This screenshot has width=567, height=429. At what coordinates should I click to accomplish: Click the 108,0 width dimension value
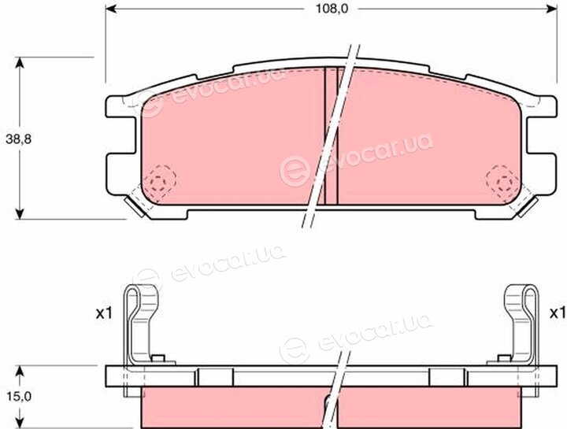[x=332, y=9]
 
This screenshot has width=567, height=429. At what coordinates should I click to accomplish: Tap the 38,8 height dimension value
[x=19, y=139]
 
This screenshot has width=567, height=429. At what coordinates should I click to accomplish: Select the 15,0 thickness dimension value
[x=19, y=397]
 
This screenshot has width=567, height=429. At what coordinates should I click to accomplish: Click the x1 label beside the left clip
[x=104, y=314]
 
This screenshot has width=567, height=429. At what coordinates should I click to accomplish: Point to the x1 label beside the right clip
[x=558, y=313]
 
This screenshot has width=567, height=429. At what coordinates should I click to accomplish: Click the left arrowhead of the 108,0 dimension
[x=111, y=9]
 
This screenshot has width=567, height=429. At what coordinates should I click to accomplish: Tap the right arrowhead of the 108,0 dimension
[x=551, y=9]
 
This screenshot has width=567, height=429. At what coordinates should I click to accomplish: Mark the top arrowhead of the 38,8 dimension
[x=20, y=62]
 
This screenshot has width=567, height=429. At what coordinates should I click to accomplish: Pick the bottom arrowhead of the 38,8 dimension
[x=20, y=213]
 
